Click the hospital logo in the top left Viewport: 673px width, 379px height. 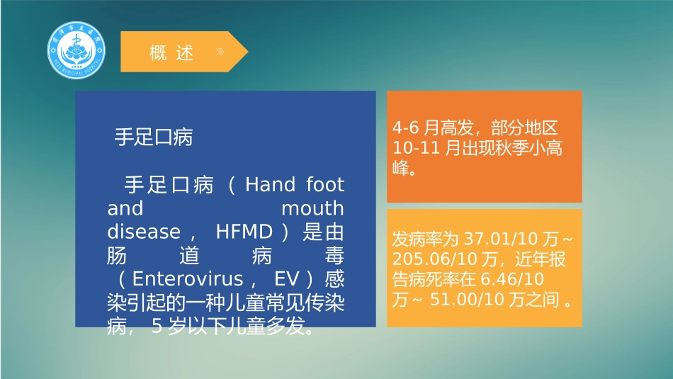point(76,51)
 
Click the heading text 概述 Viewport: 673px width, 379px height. point(171,52)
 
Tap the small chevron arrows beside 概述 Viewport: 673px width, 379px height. point(221,52)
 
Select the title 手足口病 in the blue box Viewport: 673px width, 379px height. point(154,137)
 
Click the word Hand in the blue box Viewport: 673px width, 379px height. point(269,186)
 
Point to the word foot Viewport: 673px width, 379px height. point(325,186)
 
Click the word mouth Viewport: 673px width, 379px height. point(312,209)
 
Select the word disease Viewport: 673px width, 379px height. point(144,232)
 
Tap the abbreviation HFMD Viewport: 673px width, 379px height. point(241,232)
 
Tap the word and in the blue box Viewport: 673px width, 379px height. point(125,209)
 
